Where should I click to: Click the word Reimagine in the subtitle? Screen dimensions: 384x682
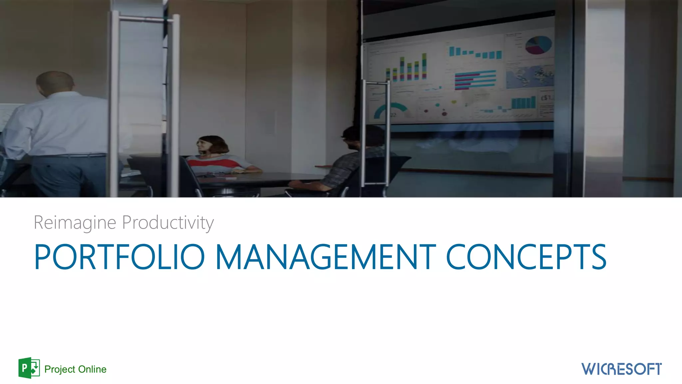tap(75, 223)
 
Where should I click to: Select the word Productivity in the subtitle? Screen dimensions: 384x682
tap(168, 223)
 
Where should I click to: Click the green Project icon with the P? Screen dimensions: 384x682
tap(29, 368)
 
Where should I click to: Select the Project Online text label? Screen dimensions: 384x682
tap(75, 369)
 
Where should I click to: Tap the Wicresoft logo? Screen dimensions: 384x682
tap(621, 369)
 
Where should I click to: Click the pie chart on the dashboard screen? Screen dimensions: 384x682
tap(538, 45)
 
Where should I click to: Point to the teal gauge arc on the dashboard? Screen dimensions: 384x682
tap(390, 109)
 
